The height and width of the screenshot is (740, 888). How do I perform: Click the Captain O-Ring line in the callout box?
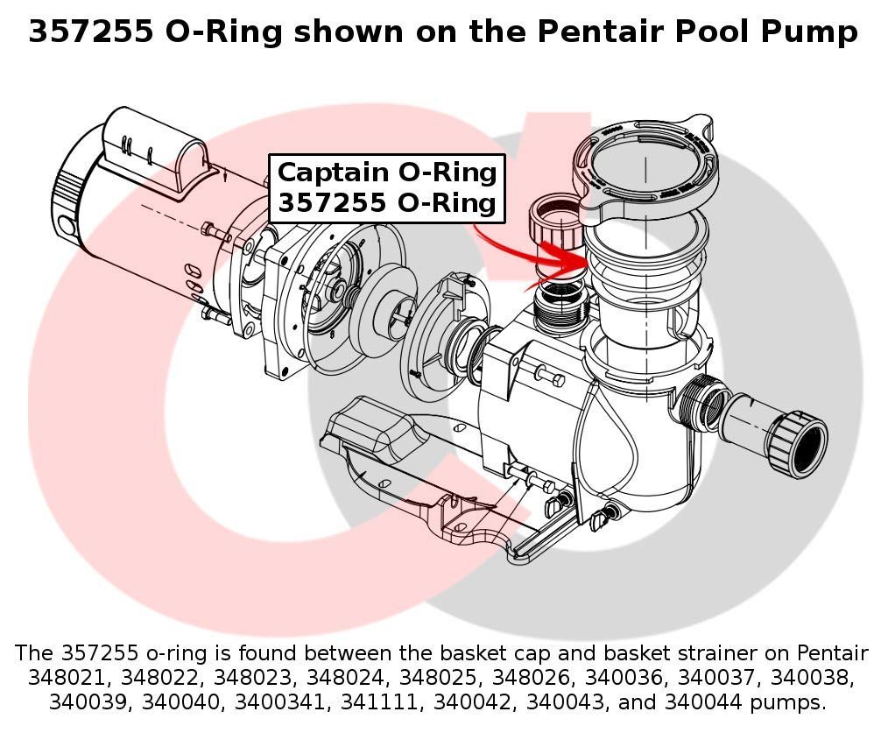tap(387, 172)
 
